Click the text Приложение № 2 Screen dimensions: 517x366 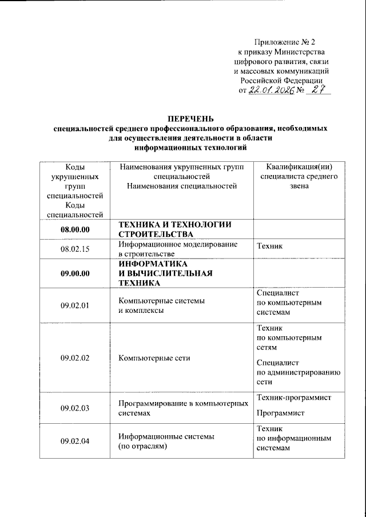coord(284,42)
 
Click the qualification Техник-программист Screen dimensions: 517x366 coord(295,397)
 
